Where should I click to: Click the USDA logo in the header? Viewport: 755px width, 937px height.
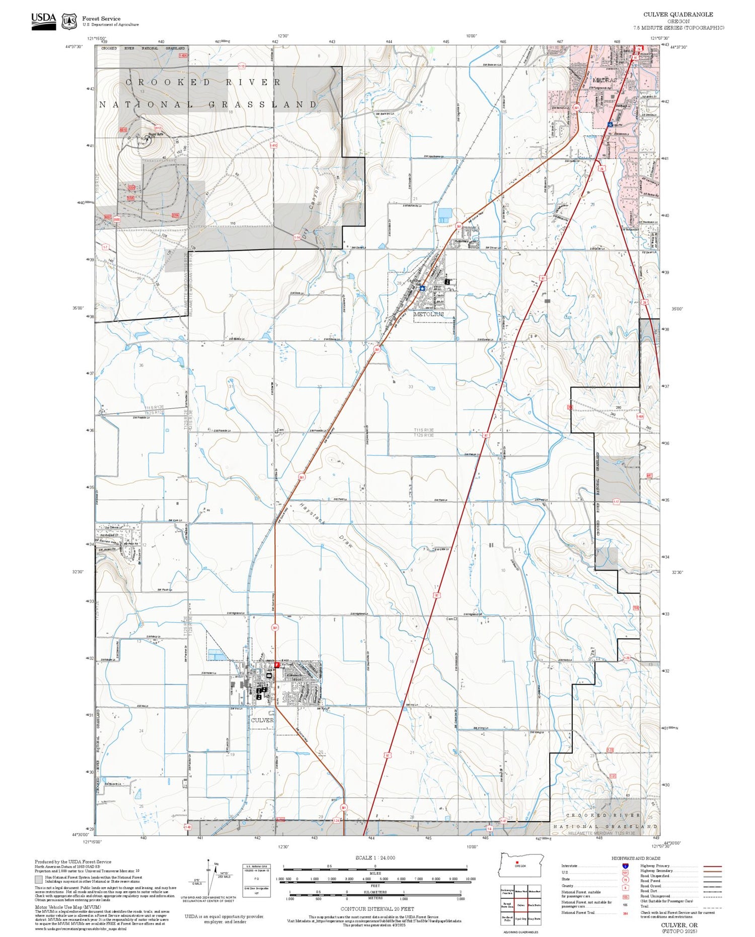click(x=43, y=21)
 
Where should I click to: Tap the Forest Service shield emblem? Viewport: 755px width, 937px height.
click(x=69, y=22)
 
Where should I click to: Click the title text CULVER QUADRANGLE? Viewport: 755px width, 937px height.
click(x=678, y=15)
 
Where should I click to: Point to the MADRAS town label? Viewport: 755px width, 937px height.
click(x=604, y=80)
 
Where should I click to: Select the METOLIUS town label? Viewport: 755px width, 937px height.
click(x=428, y=314)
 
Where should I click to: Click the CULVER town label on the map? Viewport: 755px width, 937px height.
click(x=262, y=720)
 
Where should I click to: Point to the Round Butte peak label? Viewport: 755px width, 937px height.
click(x=156, y=135)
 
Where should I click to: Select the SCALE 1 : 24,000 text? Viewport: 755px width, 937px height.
click(x=375, y=857)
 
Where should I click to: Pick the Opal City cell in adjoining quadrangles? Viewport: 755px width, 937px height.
click(x=520, y=918)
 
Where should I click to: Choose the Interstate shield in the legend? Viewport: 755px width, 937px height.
click(x=625, y=866)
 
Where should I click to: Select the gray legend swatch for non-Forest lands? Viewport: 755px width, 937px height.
click(x=39, y=880)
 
